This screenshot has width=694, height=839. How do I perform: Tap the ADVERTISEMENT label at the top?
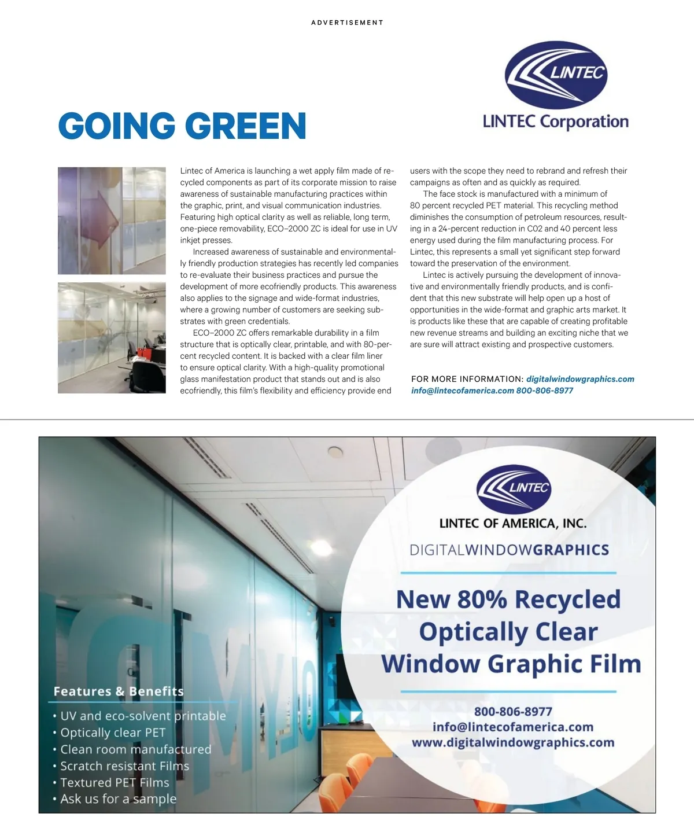[x=347, y=23]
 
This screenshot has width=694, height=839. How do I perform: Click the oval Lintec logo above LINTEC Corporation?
[x=556, y=75]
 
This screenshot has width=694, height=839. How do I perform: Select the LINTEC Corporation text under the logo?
[x=555, y=122]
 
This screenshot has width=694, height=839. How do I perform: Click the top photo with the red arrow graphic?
[x=112, y=220]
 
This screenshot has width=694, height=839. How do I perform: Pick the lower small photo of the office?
[x=112, y=338]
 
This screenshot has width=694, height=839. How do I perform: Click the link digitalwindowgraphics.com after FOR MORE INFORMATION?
[x=580, y=379]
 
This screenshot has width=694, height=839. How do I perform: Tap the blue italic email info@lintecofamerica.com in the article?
[x=462, y=391]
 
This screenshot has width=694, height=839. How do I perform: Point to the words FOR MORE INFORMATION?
[x=467, y=379]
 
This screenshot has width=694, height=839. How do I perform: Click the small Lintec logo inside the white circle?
[x=513, y=489]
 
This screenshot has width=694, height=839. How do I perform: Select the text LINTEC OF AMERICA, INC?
[x=513, y=524]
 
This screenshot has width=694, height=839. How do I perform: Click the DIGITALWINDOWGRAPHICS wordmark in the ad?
[x=509, y=550]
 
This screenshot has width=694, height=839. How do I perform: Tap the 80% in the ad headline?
[x=482, y=599]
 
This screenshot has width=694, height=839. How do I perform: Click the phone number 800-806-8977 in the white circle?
[x=513, y=712]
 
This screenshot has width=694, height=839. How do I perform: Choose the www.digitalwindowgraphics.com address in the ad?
[x=513, y=742]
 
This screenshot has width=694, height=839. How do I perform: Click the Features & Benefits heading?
[x=119, y=691]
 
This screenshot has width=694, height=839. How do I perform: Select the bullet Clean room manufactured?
[x=136, y=749]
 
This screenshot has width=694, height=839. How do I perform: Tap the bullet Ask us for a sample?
[x=119, y=799]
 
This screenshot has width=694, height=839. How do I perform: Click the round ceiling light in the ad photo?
[x=335, y=451]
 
